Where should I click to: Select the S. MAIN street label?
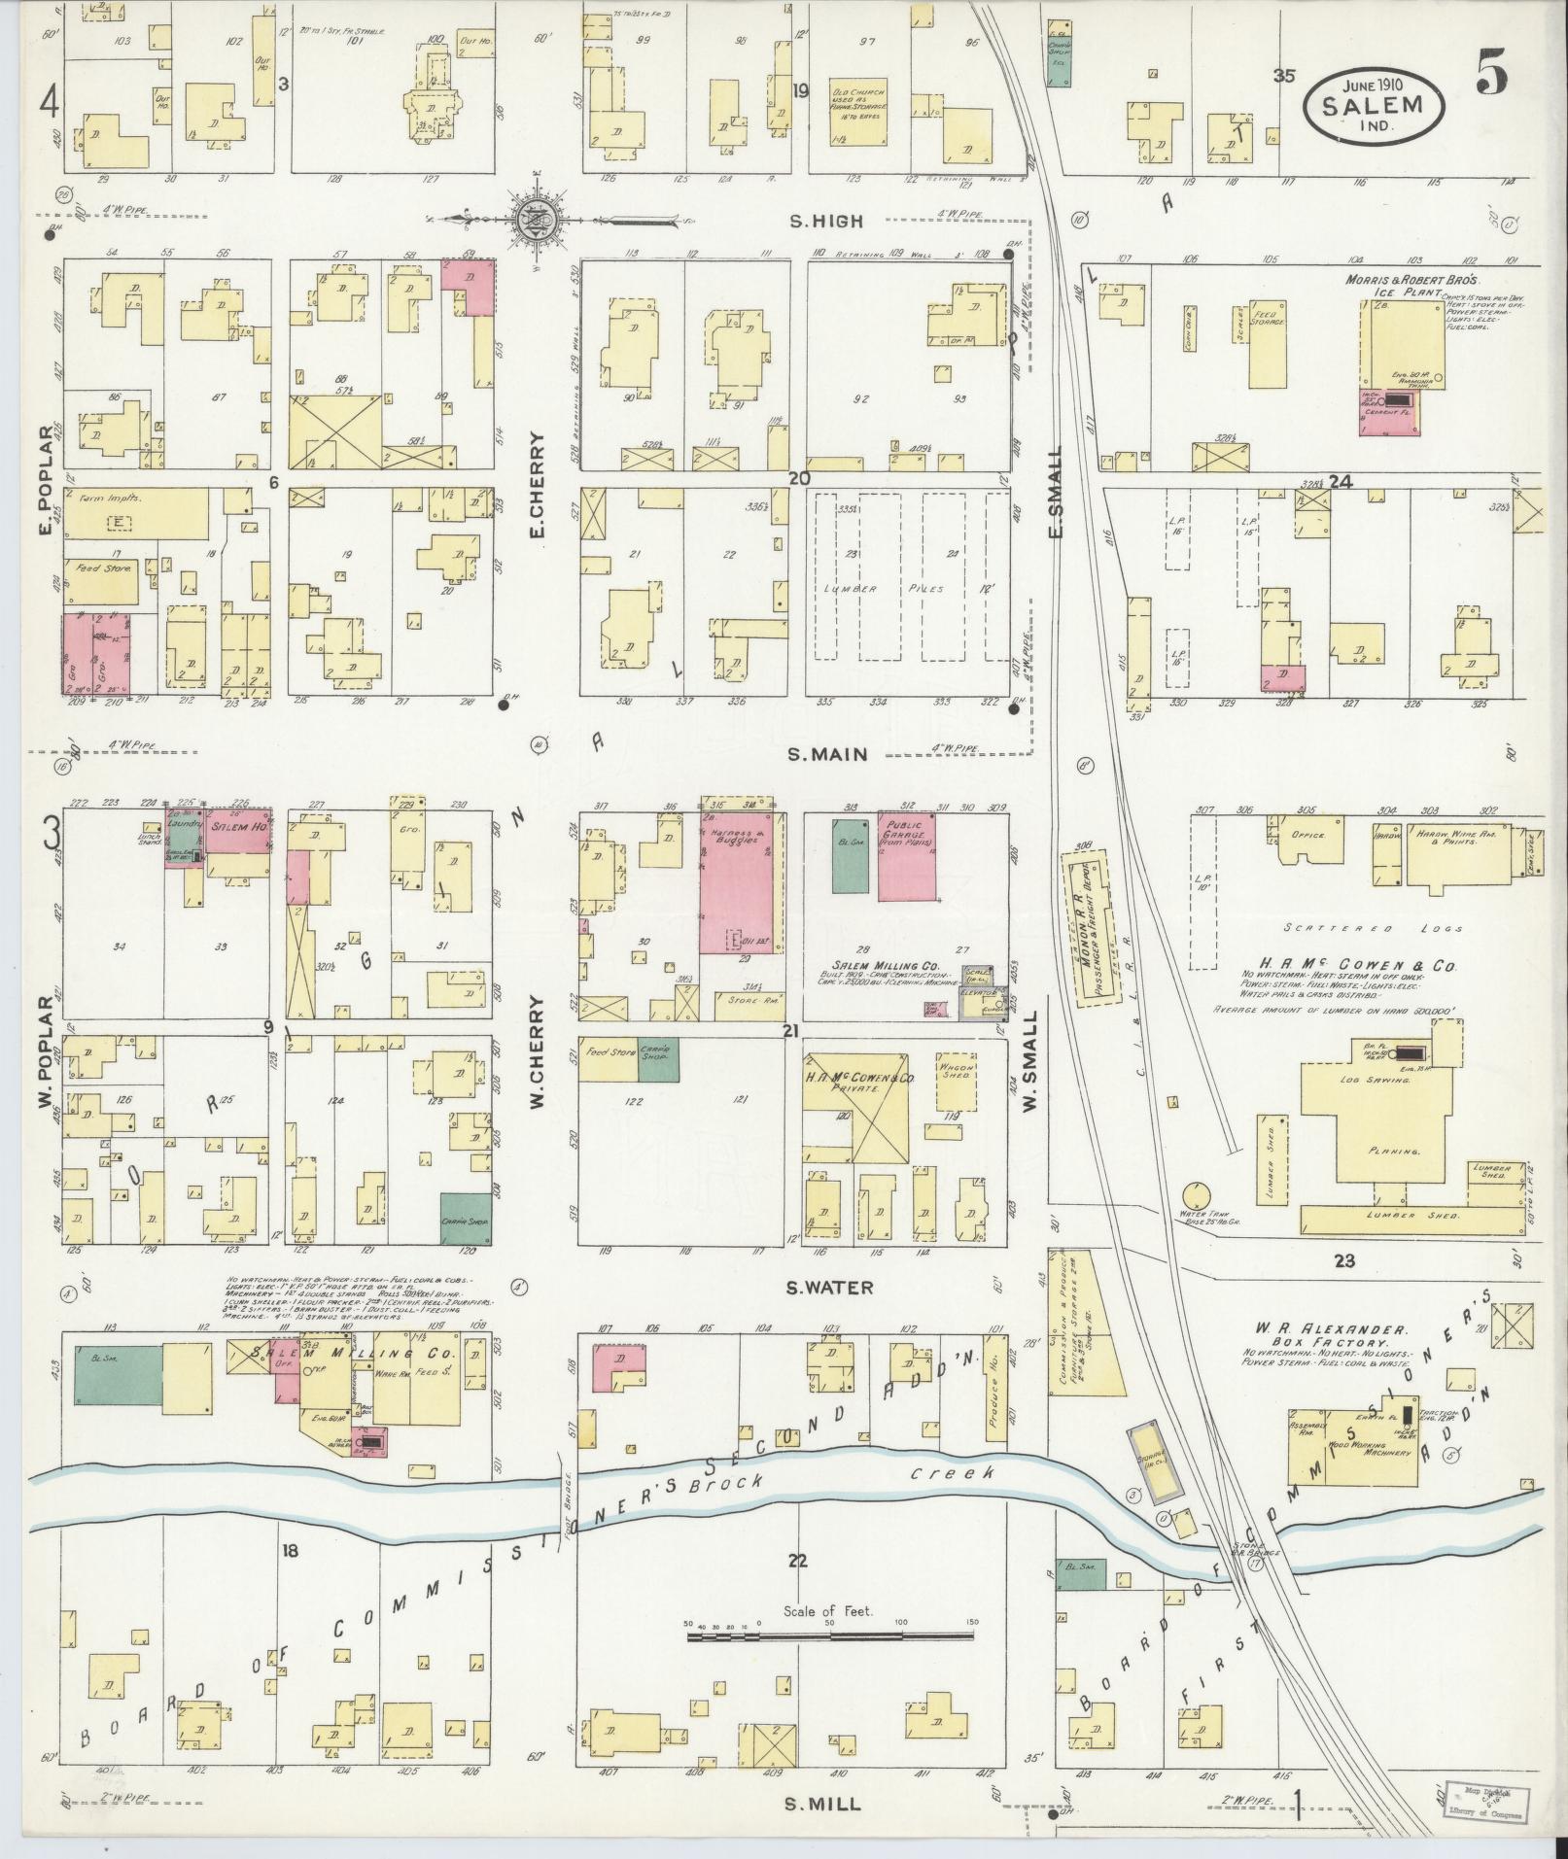826,753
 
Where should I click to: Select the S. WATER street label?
829,1288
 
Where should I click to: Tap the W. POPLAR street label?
43,1048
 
